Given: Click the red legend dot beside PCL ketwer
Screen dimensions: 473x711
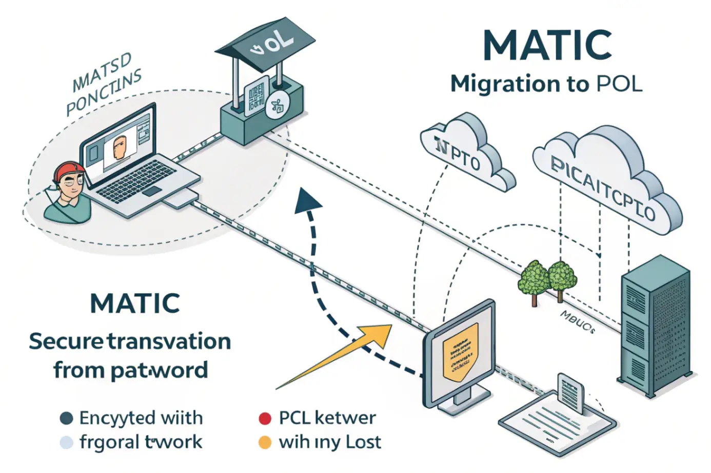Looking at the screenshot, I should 265,419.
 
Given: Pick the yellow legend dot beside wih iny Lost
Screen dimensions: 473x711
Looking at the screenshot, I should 265,442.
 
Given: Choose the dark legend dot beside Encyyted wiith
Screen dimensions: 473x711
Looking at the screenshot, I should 66,419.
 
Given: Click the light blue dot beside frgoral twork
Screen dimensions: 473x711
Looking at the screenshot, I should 66,442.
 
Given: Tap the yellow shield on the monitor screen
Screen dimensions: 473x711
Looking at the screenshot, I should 460,351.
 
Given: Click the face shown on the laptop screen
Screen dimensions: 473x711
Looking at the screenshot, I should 120,148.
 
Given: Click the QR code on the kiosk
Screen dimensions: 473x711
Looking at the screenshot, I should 256,95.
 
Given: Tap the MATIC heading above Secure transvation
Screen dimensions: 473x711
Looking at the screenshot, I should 135,303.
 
